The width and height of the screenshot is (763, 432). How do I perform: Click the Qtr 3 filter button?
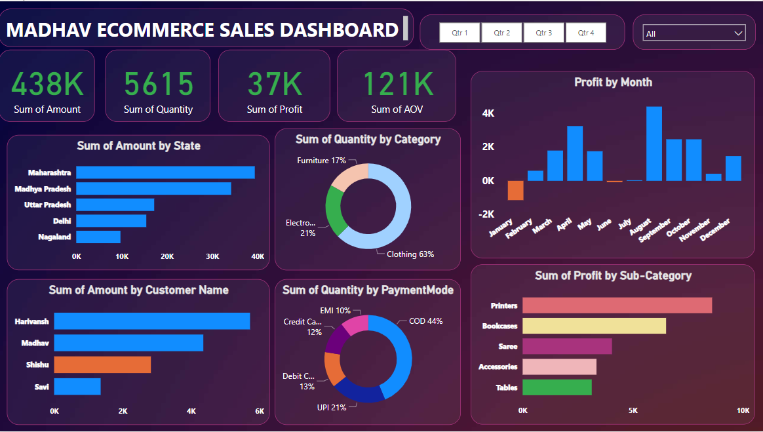pos(543,33)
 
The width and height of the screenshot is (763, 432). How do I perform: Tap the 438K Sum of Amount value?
pos(47,83)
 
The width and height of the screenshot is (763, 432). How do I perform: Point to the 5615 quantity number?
pos(159,84)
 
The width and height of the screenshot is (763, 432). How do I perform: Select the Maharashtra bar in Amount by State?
pos(165,172)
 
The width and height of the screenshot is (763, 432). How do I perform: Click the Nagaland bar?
pos(98,237)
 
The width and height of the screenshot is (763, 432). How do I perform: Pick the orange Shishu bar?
pos(102,364)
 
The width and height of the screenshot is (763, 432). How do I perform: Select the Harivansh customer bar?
pos(151,321)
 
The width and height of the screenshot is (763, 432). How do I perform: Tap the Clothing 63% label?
pos(410,254)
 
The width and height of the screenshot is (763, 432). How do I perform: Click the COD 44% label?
pos(425,321)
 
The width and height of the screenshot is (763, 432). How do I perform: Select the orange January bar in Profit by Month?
pos(516,190)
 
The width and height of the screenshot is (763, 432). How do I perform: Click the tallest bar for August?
pos(654,143)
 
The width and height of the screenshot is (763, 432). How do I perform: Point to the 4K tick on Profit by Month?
pos(488,113)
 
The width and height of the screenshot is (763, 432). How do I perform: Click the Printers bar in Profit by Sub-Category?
pos(617,305)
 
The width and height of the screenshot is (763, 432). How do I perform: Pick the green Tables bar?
pos(557,387)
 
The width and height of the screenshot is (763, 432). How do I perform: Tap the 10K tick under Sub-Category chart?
pos(743,410)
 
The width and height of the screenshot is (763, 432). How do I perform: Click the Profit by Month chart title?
pos(613,82)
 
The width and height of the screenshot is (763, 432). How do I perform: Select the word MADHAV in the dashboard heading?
pos(50,30)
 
